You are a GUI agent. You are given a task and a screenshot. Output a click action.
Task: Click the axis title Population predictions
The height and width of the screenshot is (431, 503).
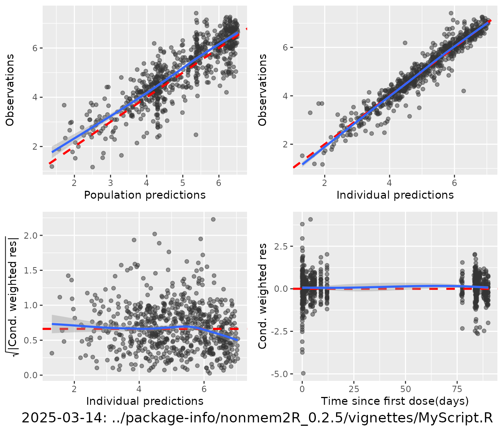coord(144,195)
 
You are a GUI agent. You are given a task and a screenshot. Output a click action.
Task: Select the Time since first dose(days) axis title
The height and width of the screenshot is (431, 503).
coord(395,401)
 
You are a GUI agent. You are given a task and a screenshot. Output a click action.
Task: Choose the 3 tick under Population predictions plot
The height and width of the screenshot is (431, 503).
coord(110,183)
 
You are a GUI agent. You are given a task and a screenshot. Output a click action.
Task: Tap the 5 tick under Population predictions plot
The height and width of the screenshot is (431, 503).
coord(183,183)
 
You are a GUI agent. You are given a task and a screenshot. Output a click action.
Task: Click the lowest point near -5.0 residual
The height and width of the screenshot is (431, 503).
coord(303,373)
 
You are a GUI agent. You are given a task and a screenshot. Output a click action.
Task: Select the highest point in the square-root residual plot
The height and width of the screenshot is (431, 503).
coord(213,219)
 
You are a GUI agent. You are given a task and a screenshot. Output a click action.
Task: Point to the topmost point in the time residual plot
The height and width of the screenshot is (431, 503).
coord(310,219)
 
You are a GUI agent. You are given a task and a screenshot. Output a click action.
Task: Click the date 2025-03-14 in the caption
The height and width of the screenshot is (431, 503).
coord(64,418)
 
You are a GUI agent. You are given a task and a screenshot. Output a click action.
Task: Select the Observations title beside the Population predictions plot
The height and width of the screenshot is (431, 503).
coord(10,90)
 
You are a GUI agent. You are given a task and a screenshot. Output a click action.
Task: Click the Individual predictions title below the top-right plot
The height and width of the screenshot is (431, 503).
coord(395,195)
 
